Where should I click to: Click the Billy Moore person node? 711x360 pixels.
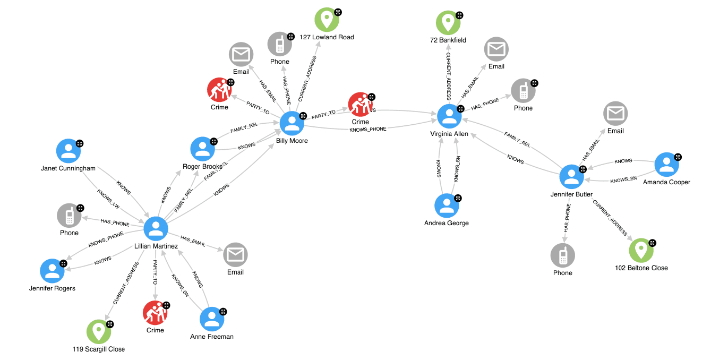pyautogui.click(x=292, y=124)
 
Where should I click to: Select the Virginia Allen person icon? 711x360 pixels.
pyautogui.click(x=449, y=116)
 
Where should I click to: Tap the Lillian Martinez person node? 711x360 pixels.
pyautogui.click(x=156, y=229)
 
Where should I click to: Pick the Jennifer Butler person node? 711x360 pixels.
pyautogui.click(x=572, y=177)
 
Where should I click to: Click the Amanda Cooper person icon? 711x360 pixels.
pyautogui.click(x=666, y=165)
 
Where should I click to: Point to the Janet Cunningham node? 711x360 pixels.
pyautogui.click(x=68, y=151)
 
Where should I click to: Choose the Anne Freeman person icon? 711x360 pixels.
pyautogui.click(x=212, y=319)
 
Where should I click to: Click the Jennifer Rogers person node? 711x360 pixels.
pyautogui.click(x=53, y=271)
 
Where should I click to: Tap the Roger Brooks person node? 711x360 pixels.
pyautogui.click(x=202, y=149)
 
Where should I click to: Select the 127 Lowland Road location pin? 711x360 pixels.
pyautogui.click(x=327, y=20)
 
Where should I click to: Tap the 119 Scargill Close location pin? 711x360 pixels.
pyautogui.click(x=98, y=332)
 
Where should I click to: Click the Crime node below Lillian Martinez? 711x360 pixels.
pyautogui.click(x=155, y=313)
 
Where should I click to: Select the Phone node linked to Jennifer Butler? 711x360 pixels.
pyautogui.click(x=562, y=256)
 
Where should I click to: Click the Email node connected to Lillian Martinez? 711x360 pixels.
pyautogui.click(x=235, y=255)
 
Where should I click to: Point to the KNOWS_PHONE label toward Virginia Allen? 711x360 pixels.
pyautogui.click(x=368, y=129)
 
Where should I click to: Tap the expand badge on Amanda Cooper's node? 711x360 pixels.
pyautogui.click(x=678, y=157)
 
